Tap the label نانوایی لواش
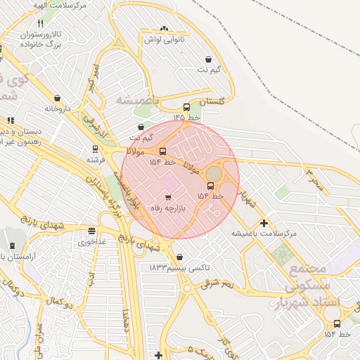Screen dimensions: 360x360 pos(164,40)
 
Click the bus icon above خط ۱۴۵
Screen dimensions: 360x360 pos(186,108)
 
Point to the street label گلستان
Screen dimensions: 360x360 pos(214,103)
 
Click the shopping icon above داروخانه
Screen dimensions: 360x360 pos(57,98)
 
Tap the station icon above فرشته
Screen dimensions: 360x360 pos(95,149)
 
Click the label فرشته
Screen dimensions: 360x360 pos(95,160)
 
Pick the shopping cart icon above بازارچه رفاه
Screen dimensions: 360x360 pos(167,197)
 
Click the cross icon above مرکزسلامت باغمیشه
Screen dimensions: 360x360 pos(264,222)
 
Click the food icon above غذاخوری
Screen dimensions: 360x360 pos(91,231)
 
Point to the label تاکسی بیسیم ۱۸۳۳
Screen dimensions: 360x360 pos(179,268)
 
